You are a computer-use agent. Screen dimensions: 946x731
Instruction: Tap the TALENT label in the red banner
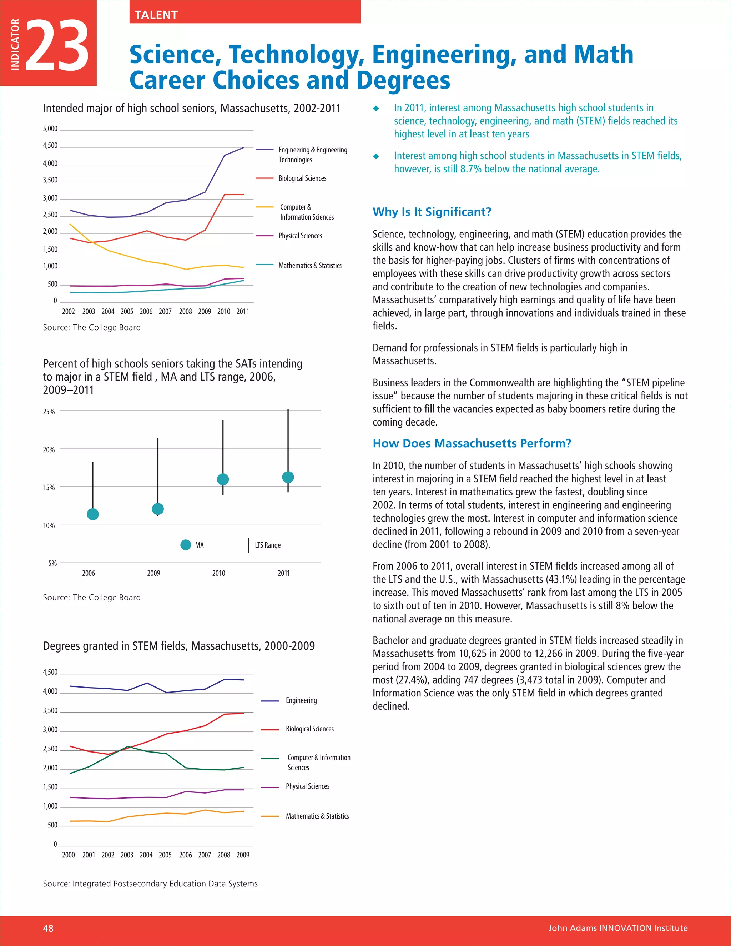point(156,15)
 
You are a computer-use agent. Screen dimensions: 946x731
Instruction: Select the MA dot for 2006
point(93,514)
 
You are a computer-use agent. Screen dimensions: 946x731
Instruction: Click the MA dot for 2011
point(288,477)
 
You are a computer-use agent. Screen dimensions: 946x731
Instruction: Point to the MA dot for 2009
point(158,509)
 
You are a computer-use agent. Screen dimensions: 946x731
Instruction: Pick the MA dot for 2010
point(223,479)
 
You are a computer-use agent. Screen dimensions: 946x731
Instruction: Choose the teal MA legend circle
point(186,545)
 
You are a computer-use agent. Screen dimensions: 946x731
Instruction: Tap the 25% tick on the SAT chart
point(49,412)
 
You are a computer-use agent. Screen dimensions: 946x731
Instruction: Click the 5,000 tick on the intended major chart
point(50,129)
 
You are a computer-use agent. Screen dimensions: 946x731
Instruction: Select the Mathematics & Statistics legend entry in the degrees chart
point(317,816)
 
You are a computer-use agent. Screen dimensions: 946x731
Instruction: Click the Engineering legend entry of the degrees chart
point(301,700)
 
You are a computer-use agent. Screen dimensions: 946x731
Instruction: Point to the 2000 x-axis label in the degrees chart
point(69,855)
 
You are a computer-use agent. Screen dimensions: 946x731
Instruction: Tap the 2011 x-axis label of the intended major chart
point(242,311)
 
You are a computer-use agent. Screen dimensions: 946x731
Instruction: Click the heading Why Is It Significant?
point(432,212)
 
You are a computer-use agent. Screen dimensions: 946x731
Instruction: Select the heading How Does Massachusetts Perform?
point(472,443)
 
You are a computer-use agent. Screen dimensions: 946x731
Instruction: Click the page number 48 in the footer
point(49,928)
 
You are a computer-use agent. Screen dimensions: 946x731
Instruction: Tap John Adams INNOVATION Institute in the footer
point(617,928)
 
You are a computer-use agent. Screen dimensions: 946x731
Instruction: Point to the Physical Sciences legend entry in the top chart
point(300,236)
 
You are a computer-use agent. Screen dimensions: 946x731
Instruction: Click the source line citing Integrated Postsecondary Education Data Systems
point(150,884)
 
